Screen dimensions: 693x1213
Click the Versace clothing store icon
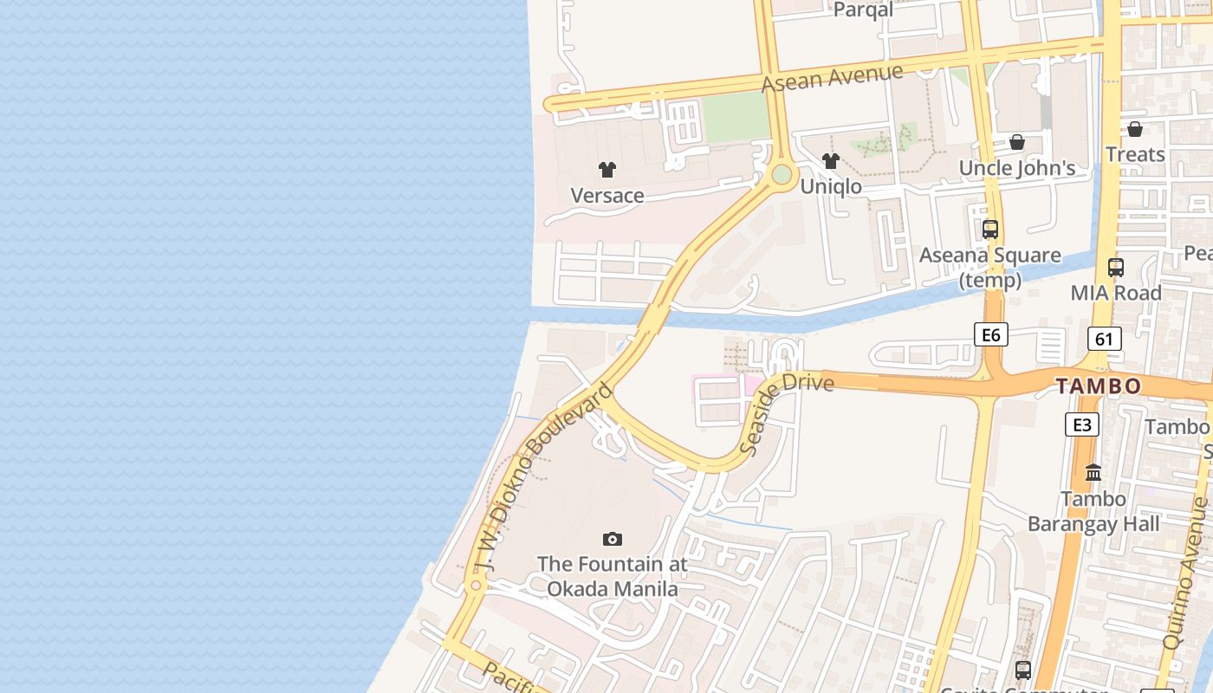607,170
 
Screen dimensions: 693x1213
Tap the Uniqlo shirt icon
831,160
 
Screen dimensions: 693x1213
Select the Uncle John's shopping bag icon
1017,142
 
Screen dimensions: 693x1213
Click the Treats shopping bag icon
1135,129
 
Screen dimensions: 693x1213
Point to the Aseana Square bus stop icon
990,230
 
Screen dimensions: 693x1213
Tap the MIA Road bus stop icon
1116,268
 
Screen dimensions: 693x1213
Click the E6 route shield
991,334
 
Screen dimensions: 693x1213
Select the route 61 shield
1104,339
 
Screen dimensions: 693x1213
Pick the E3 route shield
1082,424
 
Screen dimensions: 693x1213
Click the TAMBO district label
1099,386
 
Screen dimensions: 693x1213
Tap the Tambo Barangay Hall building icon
1093,473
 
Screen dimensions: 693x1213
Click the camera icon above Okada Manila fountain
613,540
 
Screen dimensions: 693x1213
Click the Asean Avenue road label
833,78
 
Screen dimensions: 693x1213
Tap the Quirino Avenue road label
1186,572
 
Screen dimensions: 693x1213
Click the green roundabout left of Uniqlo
782,175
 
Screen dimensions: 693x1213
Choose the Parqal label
863,10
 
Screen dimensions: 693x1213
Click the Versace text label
607,196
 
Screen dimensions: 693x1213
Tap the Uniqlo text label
831,186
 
